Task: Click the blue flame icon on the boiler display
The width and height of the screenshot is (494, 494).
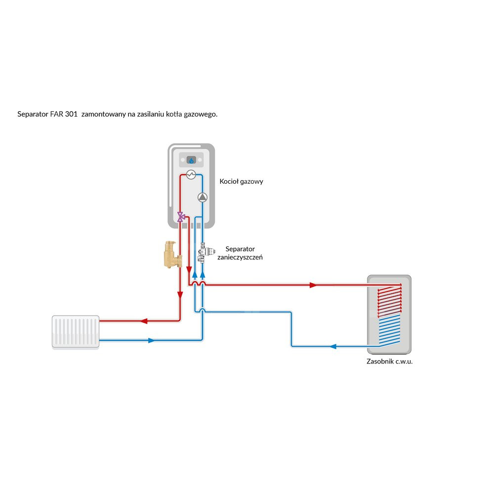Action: [192, 160]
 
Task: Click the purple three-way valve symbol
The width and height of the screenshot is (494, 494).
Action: [181, 216]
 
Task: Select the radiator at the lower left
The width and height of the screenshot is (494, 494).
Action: [76, 332]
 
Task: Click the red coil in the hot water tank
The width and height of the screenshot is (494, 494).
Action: [389, 300]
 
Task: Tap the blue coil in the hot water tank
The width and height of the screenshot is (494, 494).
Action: [389, 329]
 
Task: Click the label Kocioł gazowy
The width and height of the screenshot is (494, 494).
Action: [241, 181]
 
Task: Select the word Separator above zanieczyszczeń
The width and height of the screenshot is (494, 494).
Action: [241, 248]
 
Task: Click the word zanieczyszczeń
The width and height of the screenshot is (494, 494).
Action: [240, 257]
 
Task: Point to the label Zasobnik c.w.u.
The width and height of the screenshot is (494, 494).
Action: [389, 362]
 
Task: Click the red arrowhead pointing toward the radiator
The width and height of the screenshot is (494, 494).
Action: [144, 321]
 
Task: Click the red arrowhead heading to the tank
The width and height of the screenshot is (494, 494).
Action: [312, 285]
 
